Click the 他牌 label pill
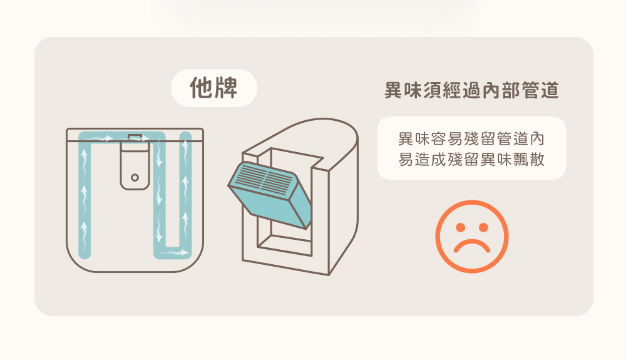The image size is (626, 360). coord(214,88)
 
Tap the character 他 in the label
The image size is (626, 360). coord(201,88)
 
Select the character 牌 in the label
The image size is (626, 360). coord(227,88)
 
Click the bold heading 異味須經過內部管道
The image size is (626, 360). coord(471,90)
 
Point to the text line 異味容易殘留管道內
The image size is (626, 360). coord(471,139)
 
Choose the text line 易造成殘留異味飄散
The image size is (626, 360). coord(471,159)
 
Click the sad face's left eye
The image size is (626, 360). coord(460,227)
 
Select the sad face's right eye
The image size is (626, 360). coord(483,227)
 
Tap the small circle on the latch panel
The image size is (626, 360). coord(135,177)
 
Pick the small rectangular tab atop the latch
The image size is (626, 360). coord(135,138)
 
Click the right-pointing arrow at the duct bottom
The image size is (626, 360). coord(174,253)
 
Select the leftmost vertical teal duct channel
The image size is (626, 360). coord(85,195)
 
